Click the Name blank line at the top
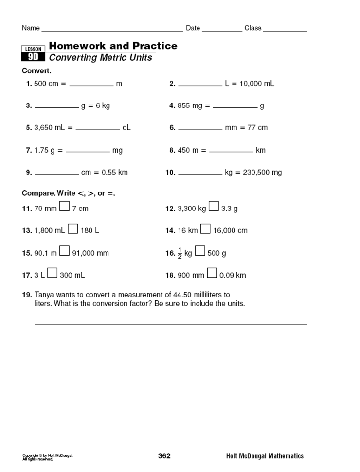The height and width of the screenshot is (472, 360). click(x=112, y=30)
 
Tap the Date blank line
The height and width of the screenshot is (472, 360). click(x=222, y=30)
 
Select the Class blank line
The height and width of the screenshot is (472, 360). click(x=285, y=30)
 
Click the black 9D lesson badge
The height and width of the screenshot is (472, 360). click(x=33, y=57)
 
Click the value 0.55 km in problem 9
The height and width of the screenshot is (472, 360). click(x=115, y=172)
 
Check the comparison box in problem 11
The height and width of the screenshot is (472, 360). click(x=65, y=208)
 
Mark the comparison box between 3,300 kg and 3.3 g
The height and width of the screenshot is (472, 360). click(x=214, y=208)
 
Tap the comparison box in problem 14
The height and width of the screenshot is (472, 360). click(x=206, y=229)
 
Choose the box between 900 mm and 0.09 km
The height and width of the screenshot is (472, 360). click(x=212, y=274)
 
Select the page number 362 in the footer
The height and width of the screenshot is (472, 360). click(x=164, y=456)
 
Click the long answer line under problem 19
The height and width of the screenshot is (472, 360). click(x=170, y=323)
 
